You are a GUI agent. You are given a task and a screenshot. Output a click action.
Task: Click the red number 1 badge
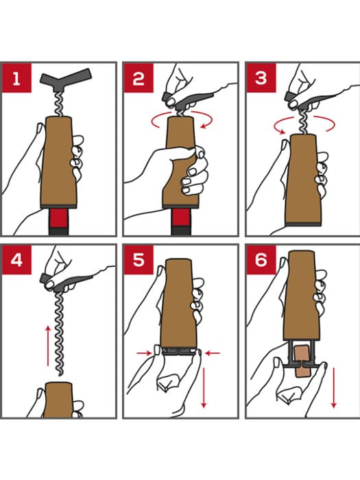tap(17, 78)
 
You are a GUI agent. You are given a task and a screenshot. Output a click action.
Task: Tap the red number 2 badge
tap(139, 78)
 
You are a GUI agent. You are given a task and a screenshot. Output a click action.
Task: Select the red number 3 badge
tap(261, 78)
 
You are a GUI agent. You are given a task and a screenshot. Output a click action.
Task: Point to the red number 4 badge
tap(17, 260)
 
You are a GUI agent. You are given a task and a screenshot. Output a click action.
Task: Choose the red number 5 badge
tap(139, 260)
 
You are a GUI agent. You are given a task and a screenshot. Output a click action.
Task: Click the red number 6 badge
tap(261, 260)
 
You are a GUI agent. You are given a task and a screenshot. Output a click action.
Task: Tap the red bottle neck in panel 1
tap(59, 218)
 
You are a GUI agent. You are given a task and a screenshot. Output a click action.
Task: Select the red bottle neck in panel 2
tap(181, 218)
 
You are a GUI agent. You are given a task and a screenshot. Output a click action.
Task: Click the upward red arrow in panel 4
tap(48, 346)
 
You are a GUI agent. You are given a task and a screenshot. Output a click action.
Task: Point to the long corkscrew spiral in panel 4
tap(60, 335)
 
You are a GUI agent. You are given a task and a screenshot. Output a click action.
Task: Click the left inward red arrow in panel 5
tap(145, 353)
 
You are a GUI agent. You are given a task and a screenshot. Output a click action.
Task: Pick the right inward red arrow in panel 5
tap(213, 353)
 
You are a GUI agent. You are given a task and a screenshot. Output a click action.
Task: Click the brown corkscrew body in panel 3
tap(302, 179)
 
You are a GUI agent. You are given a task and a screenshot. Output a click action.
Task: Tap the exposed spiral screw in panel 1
tap(58, 104)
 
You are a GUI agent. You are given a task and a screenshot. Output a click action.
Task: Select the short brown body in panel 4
tap(58, 400)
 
